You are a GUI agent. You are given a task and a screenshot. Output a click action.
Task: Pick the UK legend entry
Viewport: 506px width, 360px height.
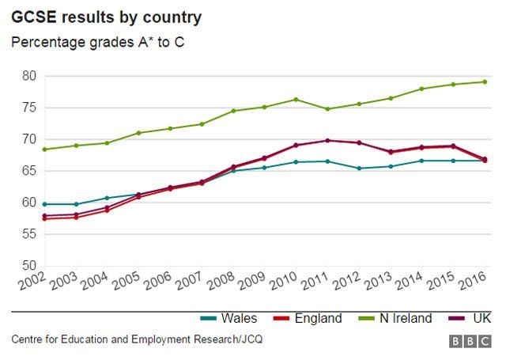click(470, 319)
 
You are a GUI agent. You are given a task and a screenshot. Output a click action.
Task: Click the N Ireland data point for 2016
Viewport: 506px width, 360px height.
click(485, 81)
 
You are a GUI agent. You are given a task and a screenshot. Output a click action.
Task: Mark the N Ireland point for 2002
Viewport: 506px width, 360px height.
click(45, 150)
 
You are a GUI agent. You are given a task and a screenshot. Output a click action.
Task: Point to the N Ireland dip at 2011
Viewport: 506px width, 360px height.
click(328, 109)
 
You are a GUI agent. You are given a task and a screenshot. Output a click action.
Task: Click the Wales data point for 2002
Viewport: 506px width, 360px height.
click(45, 204)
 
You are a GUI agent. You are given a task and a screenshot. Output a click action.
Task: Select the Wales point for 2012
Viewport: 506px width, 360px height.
click(359, 168)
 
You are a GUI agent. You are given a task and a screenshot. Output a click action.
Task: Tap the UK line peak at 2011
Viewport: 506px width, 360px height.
click(328, 140)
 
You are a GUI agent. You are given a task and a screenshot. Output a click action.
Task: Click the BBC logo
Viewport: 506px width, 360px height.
click(469, 341)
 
